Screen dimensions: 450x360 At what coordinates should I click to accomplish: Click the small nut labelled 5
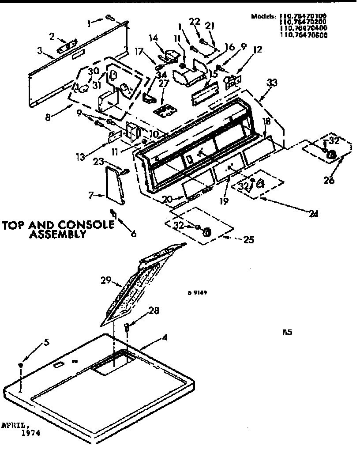[x=20, y=366]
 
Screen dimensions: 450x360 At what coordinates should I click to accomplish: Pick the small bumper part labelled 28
[x=127, y=327]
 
